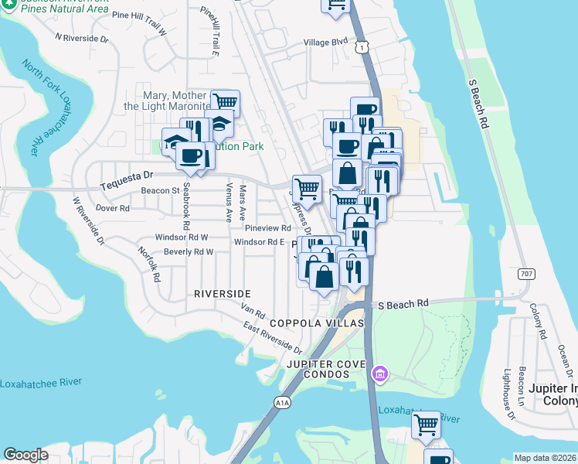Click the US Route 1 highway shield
coord(362,48)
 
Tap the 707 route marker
coord(526,274)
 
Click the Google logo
coord(25,455)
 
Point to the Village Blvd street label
coord(325,43)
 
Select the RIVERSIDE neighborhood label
coord(222,294)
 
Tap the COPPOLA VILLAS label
coord(315,322)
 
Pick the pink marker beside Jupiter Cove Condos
coord(379,375)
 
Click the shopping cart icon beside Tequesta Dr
coord(308,188)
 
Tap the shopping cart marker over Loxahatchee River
coord(426,424)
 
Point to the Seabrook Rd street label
coord(186,207)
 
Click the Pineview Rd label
coord(267,228)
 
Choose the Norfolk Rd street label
coord(148,263)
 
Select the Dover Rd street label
coord(113,208)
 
